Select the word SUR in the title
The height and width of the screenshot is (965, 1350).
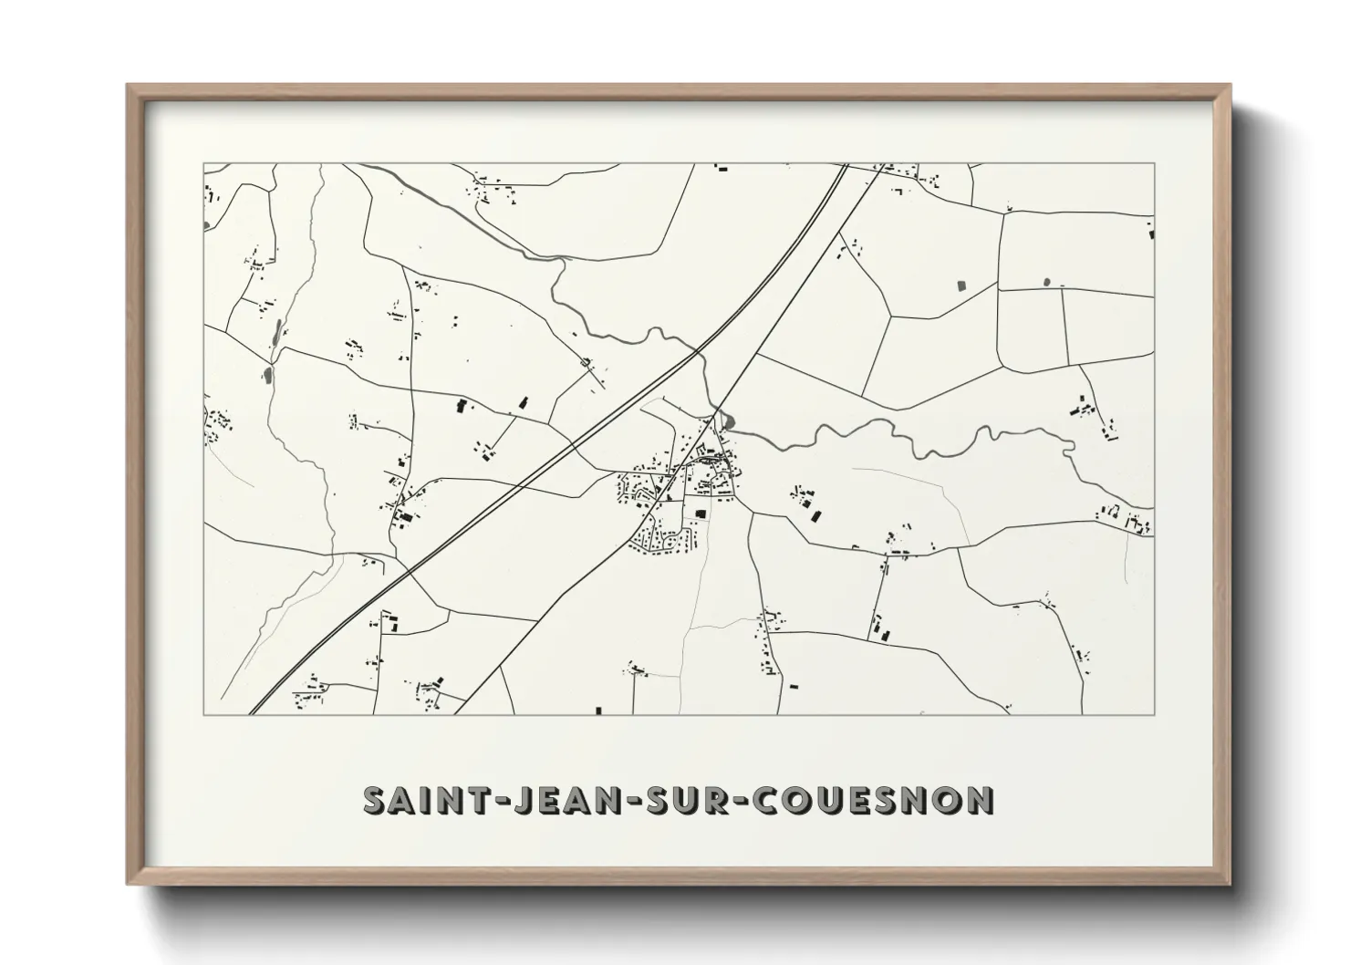click(696, 800)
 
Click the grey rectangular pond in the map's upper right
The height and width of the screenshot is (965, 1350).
click(961, 285)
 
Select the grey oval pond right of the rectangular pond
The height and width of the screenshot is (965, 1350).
click(1046, 281)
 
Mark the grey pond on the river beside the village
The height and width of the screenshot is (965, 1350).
click(727, 421)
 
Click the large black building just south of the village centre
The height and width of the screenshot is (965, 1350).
click(701, 514)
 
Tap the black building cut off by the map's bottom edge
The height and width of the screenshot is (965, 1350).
click(599, 710)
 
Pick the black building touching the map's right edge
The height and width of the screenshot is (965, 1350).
click(1152, 234)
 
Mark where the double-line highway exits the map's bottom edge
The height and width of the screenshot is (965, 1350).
click(254, 711)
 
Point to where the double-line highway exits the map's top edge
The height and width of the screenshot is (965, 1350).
click(844, 165)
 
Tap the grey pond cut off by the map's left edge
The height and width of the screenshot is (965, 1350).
click(206, 223)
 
